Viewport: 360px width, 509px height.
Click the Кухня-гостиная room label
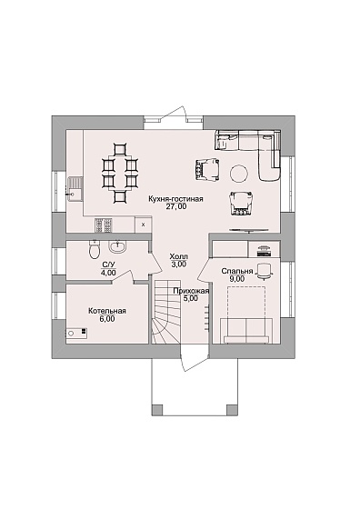pos(175,199)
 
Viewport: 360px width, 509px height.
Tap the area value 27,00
pos(176,206)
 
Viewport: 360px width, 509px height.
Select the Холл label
pos(178,257)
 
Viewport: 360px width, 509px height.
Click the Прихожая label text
pos(191,291)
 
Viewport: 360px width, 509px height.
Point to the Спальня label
pos(237,271)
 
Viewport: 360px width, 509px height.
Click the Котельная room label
pos(107,311)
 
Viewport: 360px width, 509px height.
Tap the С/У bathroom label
pos(108,265)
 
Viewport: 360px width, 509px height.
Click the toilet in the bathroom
pos(95,250)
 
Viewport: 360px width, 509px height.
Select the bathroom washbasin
pos(117,246)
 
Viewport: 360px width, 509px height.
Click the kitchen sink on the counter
pos(75,189)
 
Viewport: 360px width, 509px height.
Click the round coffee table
pos(240,173)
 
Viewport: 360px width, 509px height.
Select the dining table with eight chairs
pos(119,174)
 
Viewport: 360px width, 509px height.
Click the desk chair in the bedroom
pos(265,272)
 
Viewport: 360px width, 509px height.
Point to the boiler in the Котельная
pos(77,333)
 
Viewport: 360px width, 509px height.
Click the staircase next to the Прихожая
pos(165,312)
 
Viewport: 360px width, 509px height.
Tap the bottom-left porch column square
pos(157,409)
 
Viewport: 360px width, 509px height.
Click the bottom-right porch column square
pos(233,409)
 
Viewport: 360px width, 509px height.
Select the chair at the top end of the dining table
pos(119,149)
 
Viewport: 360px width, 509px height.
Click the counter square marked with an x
pos(143,225)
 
